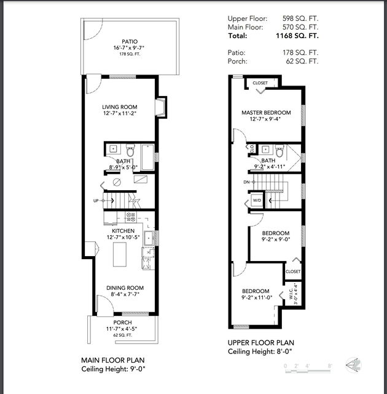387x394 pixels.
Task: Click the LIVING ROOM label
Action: [x=120, y=107]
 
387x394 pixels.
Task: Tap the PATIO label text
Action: [x=130, y=41]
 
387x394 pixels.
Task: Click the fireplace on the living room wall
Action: [x=160, y=107]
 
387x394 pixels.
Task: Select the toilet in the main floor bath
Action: [x=130, y=150]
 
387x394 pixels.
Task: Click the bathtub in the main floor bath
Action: [x=148, y=157]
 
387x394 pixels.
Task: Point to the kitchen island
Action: [x=120, y=254]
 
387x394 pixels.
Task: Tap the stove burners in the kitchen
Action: [x=131, y=217]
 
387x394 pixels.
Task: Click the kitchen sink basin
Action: [x=149, y=238]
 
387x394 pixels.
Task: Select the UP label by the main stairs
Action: [x=96, y=201]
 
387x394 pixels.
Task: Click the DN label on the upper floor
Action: [x=246, y=182]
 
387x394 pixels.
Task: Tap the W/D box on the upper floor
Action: [x=257, y=200]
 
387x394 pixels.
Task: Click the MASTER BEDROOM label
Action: [x=266, y=113]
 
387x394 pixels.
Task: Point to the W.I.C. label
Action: [x=291, y=293]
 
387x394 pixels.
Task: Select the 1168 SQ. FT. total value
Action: [x=297, y=36]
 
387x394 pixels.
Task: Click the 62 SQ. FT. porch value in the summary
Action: [x=302, y=61]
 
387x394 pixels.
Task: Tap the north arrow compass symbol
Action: [x=353, y=365]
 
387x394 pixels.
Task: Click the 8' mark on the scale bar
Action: [x=330, y=366]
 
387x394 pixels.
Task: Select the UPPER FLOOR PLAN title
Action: [x=261, y=343]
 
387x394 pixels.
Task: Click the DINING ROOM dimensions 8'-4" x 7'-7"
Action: [x=125, y=294]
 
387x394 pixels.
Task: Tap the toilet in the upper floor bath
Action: [x=279, y=151]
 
